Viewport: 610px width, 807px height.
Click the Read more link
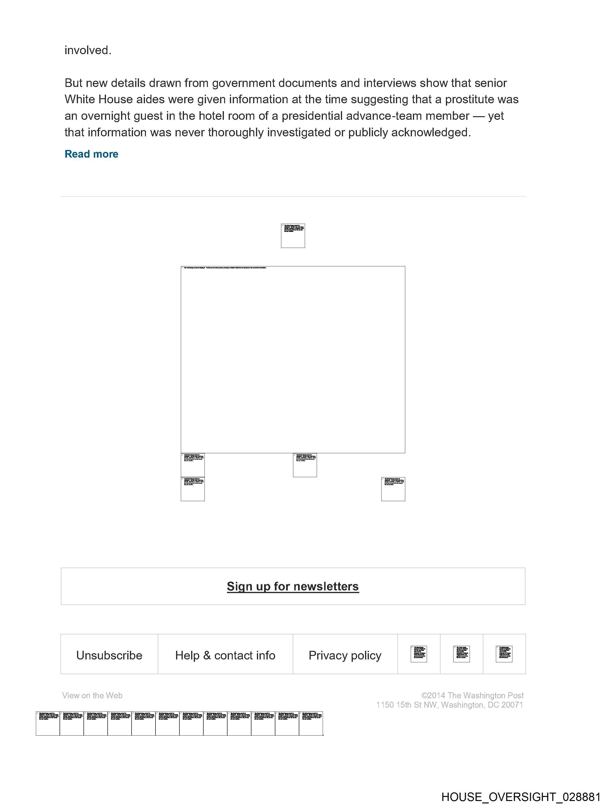[x=91, y=154]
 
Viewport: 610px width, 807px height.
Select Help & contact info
[x=225, y=655]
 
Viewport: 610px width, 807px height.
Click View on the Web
[x=92, y=695]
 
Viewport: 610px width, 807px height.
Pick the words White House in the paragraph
[x=98, y=99]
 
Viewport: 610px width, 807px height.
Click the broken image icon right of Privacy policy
[x=419, y=654]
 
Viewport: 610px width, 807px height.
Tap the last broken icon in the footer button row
[x=504, y=654]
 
